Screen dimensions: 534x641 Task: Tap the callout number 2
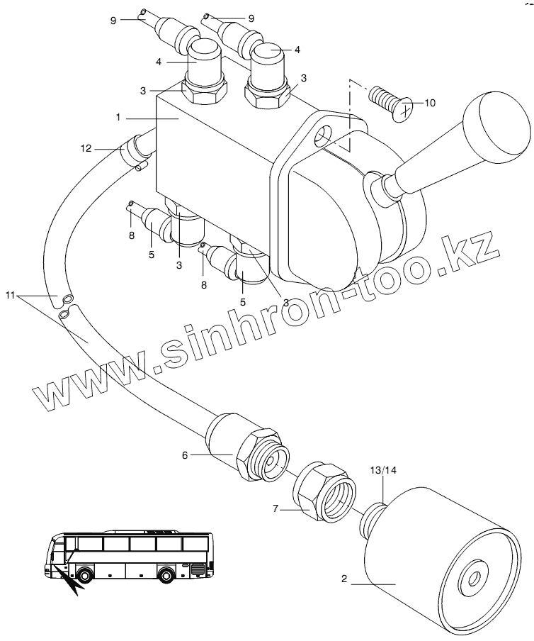pos(343,580)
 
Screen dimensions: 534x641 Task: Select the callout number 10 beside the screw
pos(429,103)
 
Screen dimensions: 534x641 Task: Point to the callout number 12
pos(86,147)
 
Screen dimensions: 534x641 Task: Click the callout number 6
pos(185,455)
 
